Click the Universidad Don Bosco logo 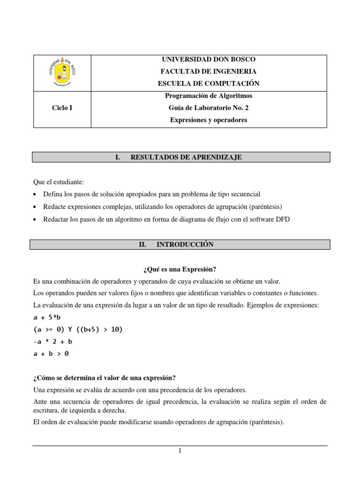[62, 72]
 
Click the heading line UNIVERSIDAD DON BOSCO [209, 60]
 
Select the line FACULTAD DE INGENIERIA [209, 72]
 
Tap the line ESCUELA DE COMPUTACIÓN [209, 83]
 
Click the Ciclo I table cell [62, 108]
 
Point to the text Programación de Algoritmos [209, 96]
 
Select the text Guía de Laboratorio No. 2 [209, 108]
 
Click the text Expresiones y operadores [209, 120]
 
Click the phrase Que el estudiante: [57, 181]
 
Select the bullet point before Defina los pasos [36, 194]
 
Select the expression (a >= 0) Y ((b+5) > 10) [78, 330]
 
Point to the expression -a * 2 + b [52, 342]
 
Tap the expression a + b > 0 [51, 354]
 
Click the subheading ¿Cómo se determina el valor [105, 378]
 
